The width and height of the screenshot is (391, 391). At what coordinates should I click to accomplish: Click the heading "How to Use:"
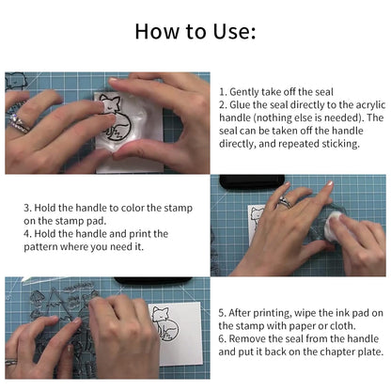(195, 31)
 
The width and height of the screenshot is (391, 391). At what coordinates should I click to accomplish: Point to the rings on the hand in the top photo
(18, 117)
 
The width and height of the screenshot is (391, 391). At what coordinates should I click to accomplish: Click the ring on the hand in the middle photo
(283, 202)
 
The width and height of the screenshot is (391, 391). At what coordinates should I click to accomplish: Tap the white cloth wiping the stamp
(332, 225)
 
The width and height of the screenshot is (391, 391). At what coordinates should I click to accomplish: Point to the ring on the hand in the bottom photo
(10, 360)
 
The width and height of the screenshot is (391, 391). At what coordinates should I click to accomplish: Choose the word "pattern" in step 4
(44, 247)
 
